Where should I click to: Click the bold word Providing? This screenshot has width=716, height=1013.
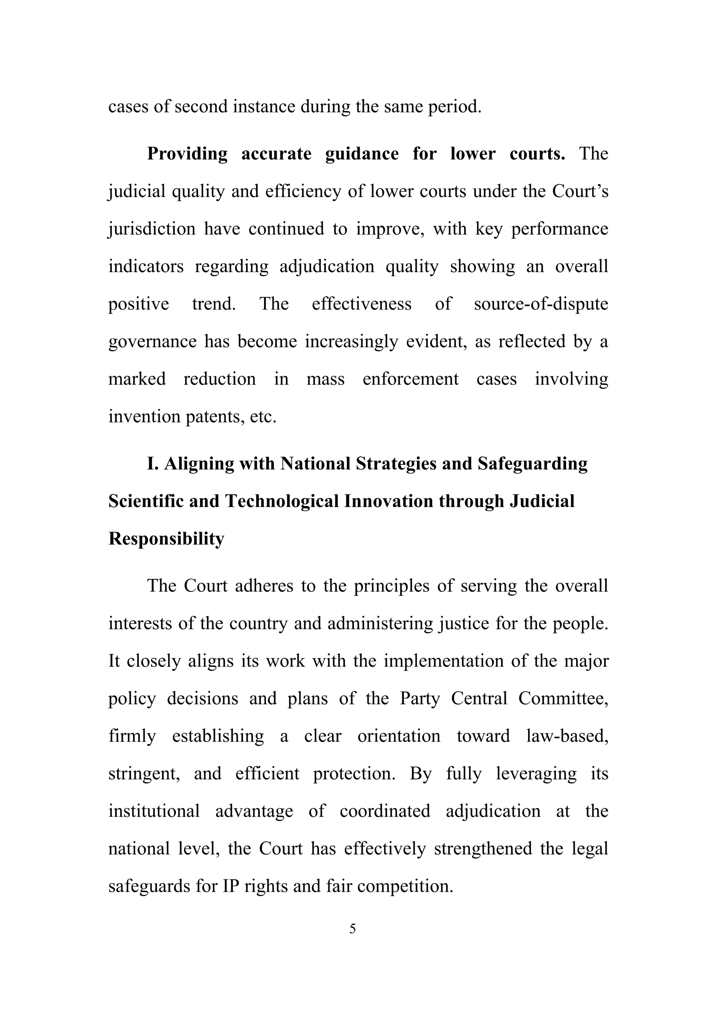click(x=187, y=154)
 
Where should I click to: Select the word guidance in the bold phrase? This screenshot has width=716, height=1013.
click(x=361, y=154)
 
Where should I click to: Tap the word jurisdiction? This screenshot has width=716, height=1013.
click(x=152, y=229)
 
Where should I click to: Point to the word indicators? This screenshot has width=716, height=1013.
click(x=146, y=266)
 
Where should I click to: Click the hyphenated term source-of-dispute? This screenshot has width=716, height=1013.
click(x=541, y=304)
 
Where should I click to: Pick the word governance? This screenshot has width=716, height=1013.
click(x=152, y=342)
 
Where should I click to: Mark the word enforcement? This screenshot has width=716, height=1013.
click(x=411, y=379)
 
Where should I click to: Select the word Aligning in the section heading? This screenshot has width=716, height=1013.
click(x=199, y=464)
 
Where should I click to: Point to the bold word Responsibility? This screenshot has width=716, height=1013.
click(x=166, y=539)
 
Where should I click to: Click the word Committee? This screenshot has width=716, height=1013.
click(x=563, y=698)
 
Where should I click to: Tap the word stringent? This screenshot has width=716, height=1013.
click(x=144, y=774)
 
